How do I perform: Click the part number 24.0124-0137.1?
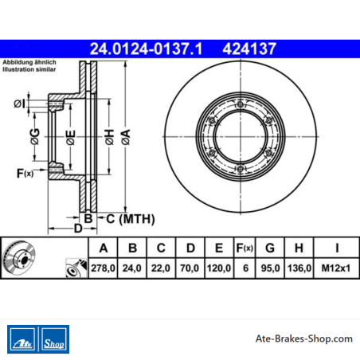click(x=146, y=49)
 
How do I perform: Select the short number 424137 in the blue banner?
click(x=249, y=49)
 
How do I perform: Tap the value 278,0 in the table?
click(x=103, y=268)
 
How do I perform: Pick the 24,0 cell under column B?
click(x=132, y=268)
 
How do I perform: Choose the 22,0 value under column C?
click(x=161, y=268)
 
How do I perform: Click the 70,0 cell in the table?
click(x=190, y=268)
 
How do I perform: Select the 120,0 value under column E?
click(x=219, y=268)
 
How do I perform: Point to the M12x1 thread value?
click(x=336, y=268)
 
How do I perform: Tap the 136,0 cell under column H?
click(x=299, y=268)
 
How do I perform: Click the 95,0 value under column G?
click(x=270, y=268)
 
